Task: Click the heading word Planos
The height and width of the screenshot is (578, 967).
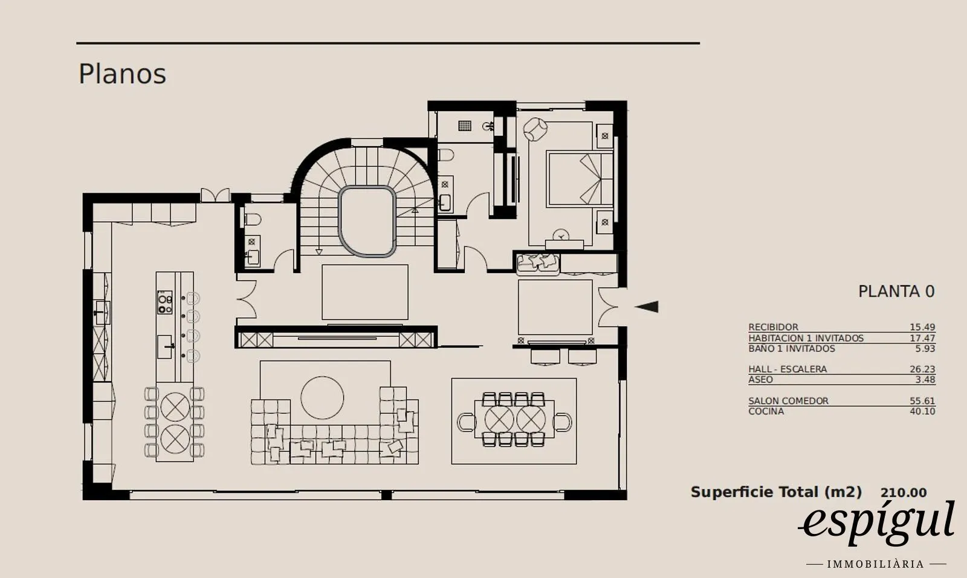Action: (122, 74)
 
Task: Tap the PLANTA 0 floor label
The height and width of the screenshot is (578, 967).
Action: (896, 292)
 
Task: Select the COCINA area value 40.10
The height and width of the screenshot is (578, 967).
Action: (922, 411)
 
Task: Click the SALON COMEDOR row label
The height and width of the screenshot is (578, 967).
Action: (788, 400)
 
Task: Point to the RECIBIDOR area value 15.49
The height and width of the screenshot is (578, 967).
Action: (922, 327)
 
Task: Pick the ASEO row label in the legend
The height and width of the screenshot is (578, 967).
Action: (761, 379)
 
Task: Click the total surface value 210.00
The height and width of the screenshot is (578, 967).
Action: (904, 493)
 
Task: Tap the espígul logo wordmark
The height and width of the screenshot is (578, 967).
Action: (877, 522)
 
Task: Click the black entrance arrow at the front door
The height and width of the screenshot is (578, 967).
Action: (646, 307)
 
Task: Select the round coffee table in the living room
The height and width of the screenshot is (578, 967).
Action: (322, 397)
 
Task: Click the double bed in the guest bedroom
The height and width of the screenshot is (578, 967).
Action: (580, 179)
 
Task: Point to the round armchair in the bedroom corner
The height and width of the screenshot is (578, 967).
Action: (535, 129)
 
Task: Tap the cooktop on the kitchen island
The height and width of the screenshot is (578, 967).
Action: (165, 303)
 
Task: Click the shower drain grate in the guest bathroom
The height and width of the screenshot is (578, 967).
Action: (465, 126)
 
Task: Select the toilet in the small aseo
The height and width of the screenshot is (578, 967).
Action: (253, 220)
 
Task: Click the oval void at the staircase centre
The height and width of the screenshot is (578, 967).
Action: (367, 221)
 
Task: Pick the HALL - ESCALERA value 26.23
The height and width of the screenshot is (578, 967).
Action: (922, 369)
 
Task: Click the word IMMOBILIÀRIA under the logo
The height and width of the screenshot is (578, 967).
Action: (876, 564)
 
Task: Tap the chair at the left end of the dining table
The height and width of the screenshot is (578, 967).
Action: (466, 422)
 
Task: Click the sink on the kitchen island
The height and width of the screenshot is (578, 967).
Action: (164, 347)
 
